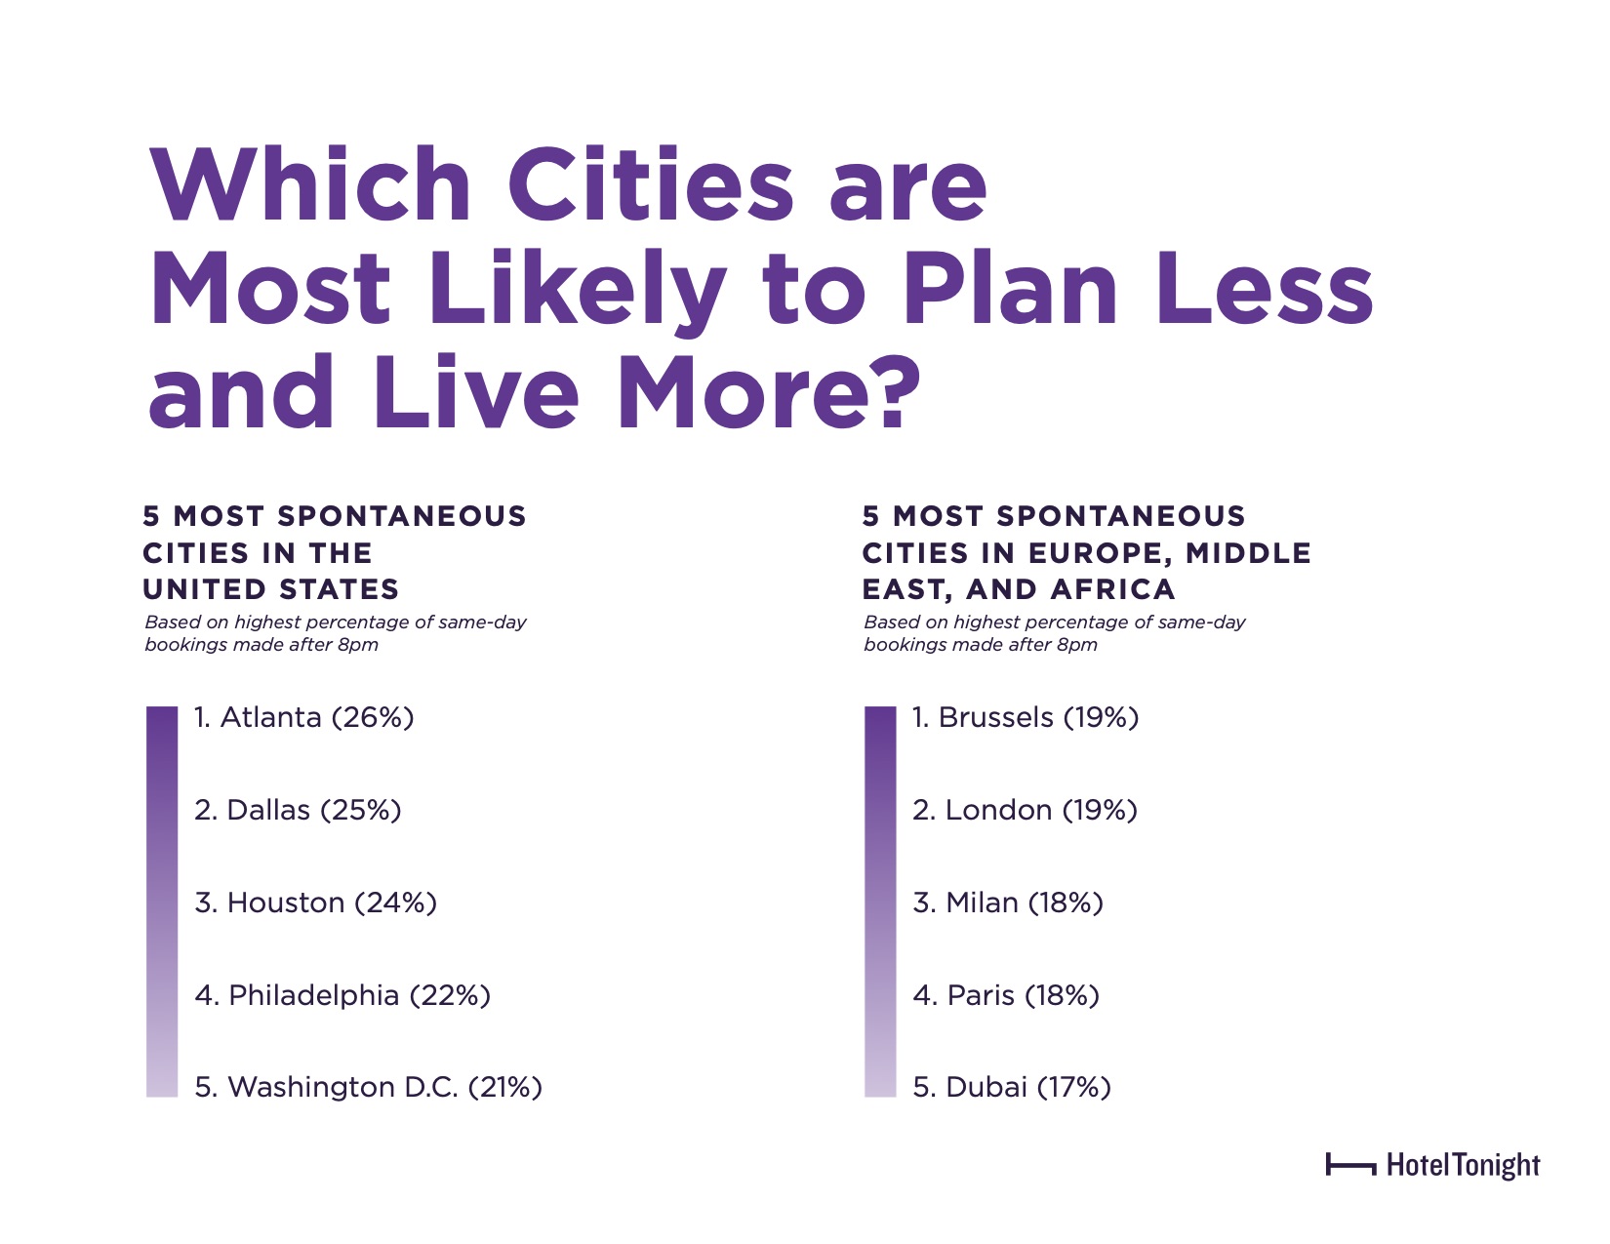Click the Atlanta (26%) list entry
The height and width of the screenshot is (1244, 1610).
pyautogui.click(x=303, y=718)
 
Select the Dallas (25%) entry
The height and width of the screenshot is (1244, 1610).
pyautogui.click(x=298, y=811)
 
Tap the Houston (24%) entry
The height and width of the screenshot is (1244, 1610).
pyautogui.click(x=315, y=903)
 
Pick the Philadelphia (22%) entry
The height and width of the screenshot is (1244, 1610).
pyautogui.click(x=342, y=996)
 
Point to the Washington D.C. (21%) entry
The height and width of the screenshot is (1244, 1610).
pyautogui.click(x=368, y=1088)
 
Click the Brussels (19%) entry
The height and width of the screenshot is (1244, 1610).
pyautogui.click(x=1026, y=718)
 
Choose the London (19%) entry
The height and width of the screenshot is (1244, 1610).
pyautogui.click(x=1025, y=811)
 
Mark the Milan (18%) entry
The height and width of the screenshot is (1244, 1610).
pyautogui.click(x=1008, y=903)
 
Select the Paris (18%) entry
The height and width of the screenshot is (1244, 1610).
pyautogui.click(x=1006, y=996)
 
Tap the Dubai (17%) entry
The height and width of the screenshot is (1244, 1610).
pyautogui.click(x=1012, y=1088)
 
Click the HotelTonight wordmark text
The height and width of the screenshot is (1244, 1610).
pyautogui.click(x=1463, y=1165)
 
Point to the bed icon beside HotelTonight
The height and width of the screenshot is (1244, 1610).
pyautogui.click(x=1350, y=1164)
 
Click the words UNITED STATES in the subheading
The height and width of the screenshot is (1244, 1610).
pyautogui.click(x=271, y=589)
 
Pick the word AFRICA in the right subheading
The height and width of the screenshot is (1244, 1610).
pyautogui.click(x=1113, y=589)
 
